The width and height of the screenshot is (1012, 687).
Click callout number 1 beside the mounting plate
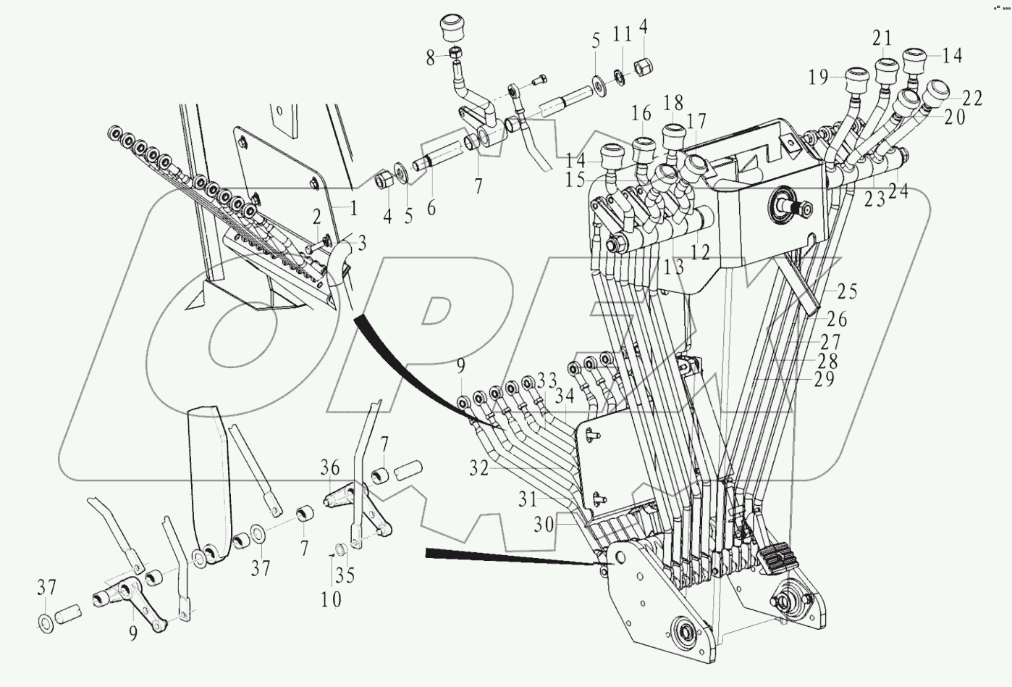353,209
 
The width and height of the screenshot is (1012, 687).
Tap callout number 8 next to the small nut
431,57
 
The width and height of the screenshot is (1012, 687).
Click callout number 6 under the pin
431,207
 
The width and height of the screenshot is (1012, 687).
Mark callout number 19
818,78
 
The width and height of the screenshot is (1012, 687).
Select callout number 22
972,99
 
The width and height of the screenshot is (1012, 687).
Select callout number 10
332,599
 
